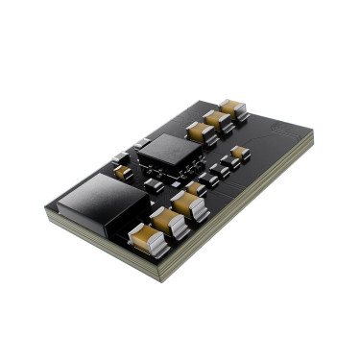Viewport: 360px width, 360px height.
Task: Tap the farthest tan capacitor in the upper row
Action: pyautogui.click(x=232, y=108)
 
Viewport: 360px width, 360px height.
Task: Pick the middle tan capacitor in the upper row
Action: pyautogui.click(x=217, y=120)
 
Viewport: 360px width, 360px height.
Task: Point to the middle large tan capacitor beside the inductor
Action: pyautogui.click(x=167, y=221)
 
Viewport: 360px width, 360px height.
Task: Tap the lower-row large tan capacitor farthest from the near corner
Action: pyautogui.click(x=188, y=204)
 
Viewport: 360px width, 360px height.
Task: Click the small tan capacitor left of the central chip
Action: pyautogui.click(x=123, y=172)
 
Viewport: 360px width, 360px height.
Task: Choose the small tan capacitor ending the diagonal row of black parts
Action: pyautogui.click(x=239, y=152)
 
